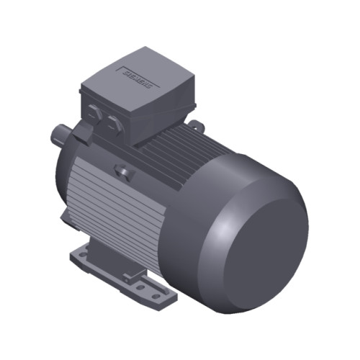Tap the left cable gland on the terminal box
[96, 111]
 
